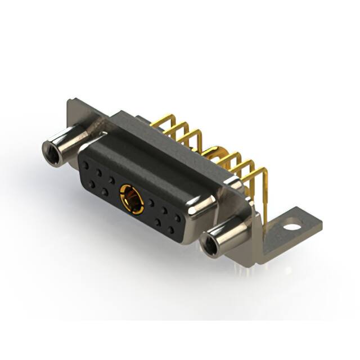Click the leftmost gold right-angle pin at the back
pos(160,121)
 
